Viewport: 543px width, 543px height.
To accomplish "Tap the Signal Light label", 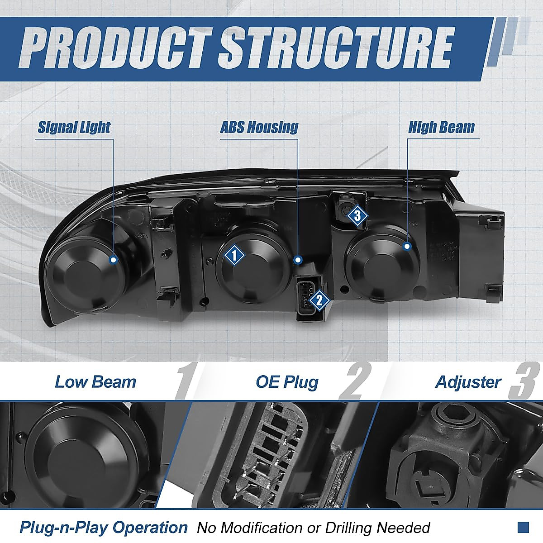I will tap(74, 127).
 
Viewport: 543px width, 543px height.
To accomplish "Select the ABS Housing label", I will tap(259, 127).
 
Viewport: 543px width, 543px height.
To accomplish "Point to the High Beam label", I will tap(441, 127).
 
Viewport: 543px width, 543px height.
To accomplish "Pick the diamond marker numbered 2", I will tap(319, 299).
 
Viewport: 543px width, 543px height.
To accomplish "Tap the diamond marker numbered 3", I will tap(357, 216).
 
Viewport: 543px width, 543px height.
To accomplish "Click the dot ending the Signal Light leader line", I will tap(113, 259).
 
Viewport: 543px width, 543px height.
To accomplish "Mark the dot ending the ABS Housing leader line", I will tap(298, 260).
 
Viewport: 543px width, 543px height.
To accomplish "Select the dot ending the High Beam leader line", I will tap(407, 247).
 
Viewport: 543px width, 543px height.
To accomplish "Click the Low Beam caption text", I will tap(95, 382).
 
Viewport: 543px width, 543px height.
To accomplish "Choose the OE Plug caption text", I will tap(287, 382).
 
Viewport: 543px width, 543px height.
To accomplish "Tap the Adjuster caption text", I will tap(468, 382).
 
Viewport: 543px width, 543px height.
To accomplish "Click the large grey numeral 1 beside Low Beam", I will tap(185, 383).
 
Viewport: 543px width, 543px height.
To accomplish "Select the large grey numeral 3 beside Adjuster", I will tap(524, 383).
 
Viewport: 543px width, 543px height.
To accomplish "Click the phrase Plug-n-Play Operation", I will tap(103, 528).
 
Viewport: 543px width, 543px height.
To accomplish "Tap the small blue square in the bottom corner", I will tap(523, 527).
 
